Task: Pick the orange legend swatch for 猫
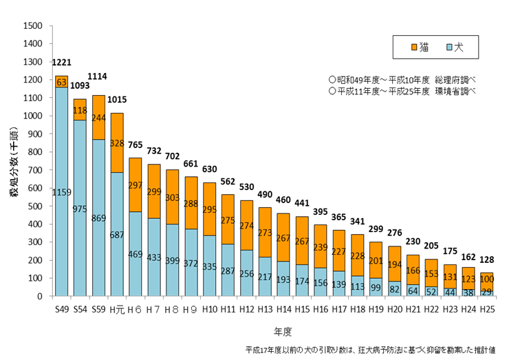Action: (414, 47)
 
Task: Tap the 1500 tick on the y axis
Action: (32, 26)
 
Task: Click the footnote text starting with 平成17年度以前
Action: (371, 350)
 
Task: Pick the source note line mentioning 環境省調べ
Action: (402, 91)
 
